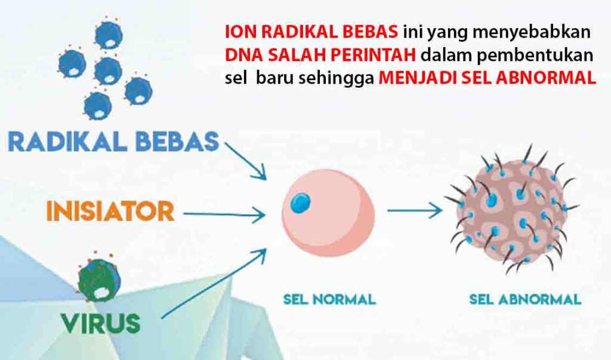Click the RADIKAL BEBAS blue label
(113, 142)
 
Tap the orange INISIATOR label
(110, 211)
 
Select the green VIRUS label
(100, 324)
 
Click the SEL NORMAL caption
(329, 300)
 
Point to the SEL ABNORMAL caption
(525, 300)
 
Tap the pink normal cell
(328, 213)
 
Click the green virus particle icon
(99, 278)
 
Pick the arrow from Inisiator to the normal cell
(224, 214)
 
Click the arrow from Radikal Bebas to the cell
(245, 161)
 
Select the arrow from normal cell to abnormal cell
(415, 211)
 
